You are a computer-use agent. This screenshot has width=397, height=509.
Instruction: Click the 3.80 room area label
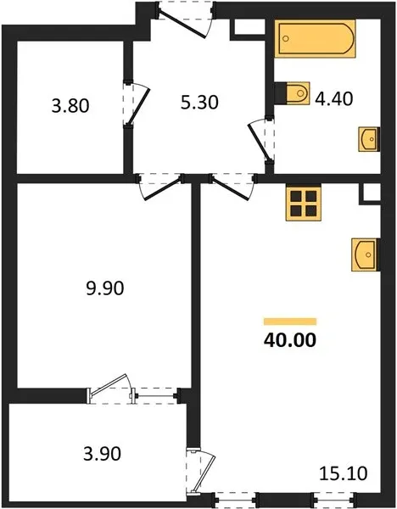coord(70,106)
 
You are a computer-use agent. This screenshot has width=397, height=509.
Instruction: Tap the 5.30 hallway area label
coord(199,103)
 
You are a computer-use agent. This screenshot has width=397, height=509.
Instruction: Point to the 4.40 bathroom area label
coord(334,99)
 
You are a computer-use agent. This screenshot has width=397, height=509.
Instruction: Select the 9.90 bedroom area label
coord(105,288)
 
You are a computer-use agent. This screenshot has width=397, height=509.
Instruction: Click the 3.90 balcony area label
coord(103,454)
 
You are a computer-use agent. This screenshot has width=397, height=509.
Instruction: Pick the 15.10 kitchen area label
coord(344,473)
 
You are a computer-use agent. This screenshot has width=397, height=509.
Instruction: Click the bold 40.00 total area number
coord(290,340)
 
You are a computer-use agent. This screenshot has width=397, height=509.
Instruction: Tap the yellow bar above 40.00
coord(290,322)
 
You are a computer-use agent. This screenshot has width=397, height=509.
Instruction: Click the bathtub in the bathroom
coord(316,39)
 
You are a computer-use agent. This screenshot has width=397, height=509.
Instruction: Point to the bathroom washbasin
coord(369,139)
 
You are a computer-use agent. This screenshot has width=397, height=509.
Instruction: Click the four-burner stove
coord(304,202)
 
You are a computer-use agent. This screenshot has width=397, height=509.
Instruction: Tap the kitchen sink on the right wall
coord(365,255)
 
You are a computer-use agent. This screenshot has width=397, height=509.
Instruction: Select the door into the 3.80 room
coord(137,103)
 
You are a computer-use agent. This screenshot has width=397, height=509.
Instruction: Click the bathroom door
coord(261,141)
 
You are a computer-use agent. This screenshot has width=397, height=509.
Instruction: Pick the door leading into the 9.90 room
coord(159,187)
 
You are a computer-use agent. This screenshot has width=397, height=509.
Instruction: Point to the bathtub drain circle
coord(286,39)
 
